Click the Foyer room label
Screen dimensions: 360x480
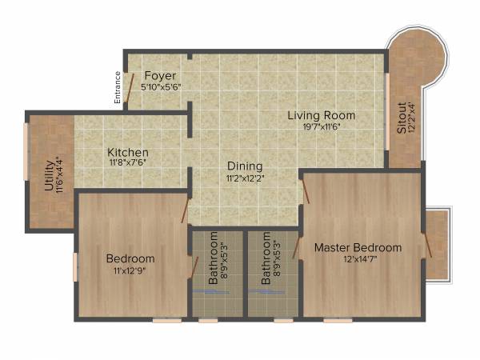click(160, 76)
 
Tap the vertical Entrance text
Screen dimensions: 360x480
click(117, 89)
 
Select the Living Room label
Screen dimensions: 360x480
click(322, 116)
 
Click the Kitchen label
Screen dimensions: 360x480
click(128, 152)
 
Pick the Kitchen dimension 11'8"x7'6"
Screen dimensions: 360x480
click(128, 162)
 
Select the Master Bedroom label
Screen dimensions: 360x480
click(358, 247)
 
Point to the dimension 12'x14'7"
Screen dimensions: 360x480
click(358, 259)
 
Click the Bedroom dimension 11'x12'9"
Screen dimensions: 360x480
click(130, 270)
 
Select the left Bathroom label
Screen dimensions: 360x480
click(214, 258)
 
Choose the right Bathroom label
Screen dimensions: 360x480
click(266, 258)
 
